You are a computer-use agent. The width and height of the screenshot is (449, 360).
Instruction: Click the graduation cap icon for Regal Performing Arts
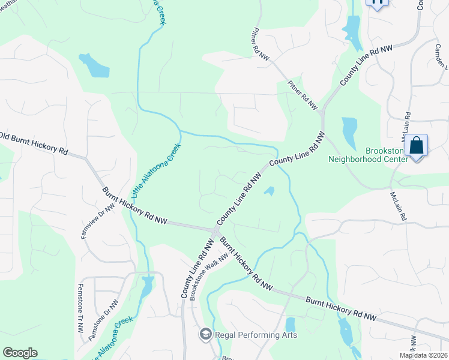point(205,334)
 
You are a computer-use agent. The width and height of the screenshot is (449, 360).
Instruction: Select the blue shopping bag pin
point(416,146)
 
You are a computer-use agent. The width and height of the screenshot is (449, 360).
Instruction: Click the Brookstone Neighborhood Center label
point(369,155)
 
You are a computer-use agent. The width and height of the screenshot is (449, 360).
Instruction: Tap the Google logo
point(20,353)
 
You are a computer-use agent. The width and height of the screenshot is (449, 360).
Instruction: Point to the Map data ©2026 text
point(423,355)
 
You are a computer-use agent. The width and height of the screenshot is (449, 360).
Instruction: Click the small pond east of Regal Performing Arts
point(291,324)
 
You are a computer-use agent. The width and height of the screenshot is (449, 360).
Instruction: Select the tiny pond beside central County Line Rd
point(270,191)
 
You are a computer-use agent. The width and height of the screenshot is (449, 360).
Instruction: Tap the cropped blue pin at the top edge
point(378,3)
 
